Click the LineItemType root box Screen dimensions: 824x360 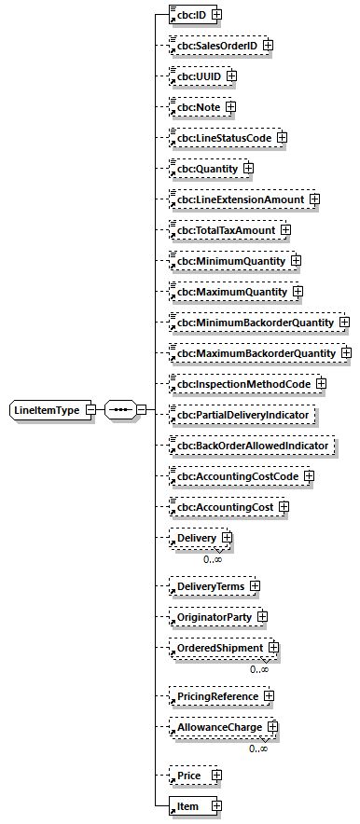[47, 409]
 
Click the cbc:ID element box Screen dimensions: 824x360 [183, 14]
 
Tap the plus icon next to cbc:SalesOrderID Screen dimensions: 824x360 [268, 45]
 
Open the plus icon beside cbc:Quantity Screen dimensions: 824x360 [248, 169]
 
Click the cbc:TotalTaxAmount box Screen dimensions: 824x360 [224, 229]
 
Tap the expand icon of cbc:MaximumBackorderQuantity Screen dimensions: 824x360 [345, 353]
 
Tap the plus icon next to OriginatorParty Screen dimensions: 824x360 [262, 617]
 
